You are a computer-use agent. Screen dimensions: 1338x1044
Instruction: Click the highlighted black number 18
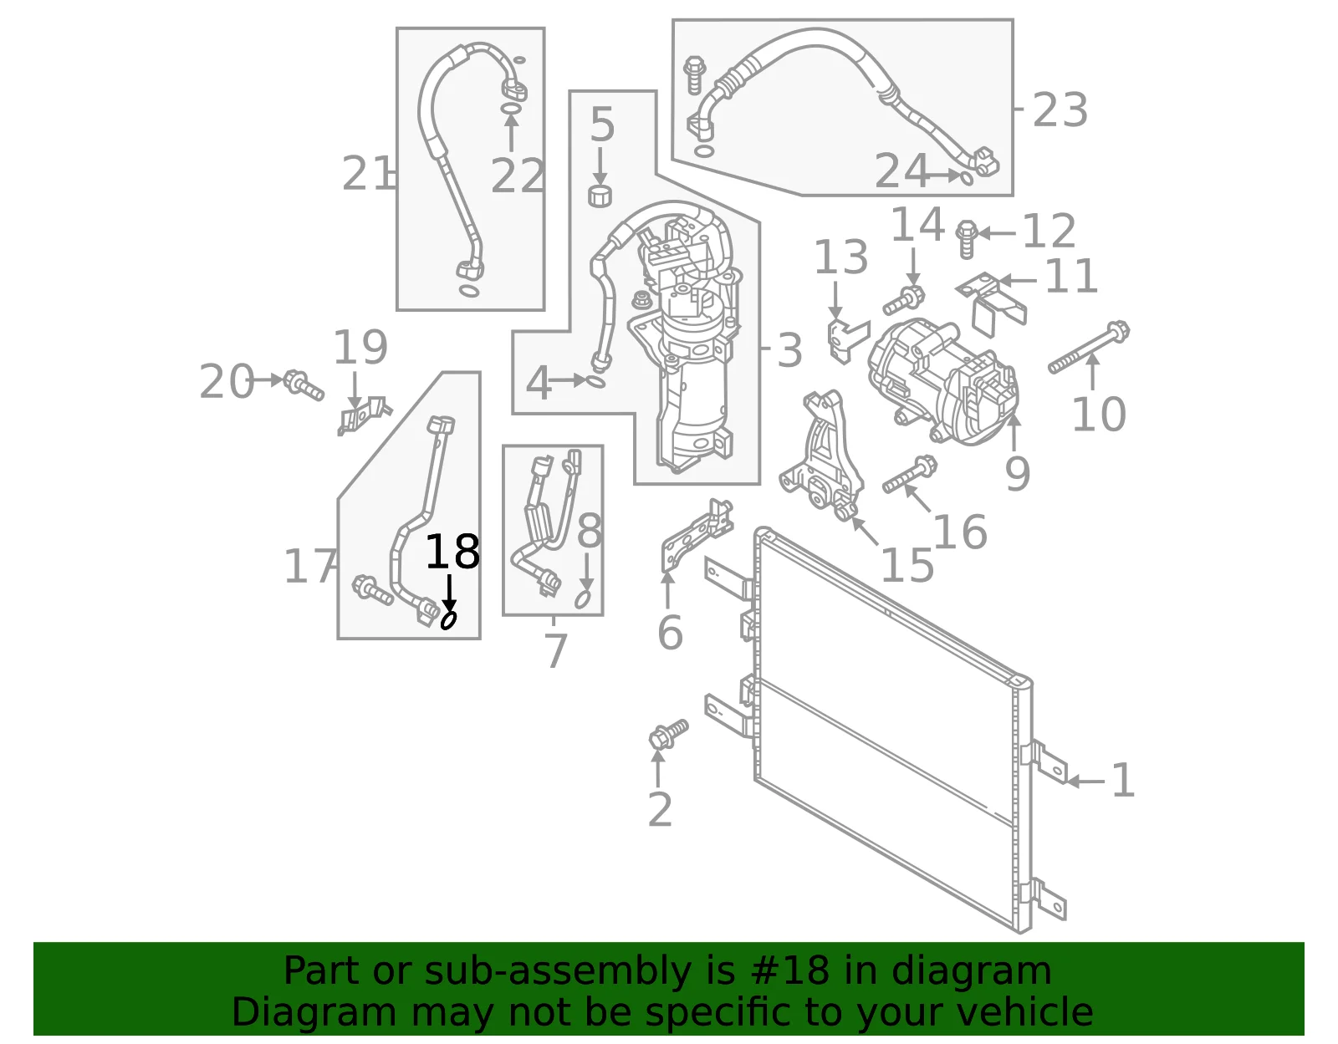pyautogui.click(x=452, y=552)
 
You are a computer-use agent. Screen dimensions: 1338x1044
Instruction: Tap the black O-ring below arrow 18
pyautogui.click(x=449, y=621)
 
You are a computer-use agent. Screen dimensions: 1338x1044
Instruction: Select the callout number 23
pyautogui.click(x=1060, y=110)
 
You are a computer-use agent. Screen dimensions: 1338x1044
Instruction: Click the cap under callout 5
pyautogui.click(x=600, y=196)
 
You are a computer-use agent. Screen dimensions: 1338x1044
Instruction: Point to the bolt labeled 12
pyautogui.click(x=967, y=239)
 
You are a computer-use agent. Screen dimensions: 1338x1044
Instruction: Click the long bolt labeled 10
pyautogui.click(x=1089, y=347)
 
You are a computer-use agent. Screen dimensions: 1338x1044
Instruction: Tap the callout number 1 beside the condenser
pyautogui.click(x=1122, y=780)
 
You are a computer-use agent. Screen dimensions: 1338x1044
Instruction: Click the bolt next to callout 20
pyautogui.click(x=303, y=385)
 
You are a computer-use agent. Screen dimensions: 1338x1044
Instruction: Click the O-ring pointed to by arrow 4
pyautogui.click(x=596, y=382)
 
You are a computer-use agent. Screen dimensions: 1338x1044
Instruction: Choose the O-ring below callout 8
pyautogui.click(x=584, y=598)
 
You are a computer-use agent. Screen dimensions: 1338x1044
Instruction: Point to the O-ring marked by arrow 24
pyautogui.click(x=966, y=178)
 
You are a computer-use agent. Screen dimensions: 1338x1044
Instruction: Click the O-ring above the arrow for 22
pyautogui.click(x=510, y=109)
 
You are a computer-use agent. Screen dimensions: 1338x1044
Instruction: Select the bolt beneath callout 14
pyautogui.click(x=904, y=300)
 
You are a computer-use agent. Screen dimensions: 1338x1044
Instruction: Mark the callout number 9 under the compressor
pyautogui.click(x=1017, y=473)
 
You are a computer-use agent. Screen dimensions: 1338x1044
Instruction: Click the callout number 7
pyautogui.click(x=556, y=651)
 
